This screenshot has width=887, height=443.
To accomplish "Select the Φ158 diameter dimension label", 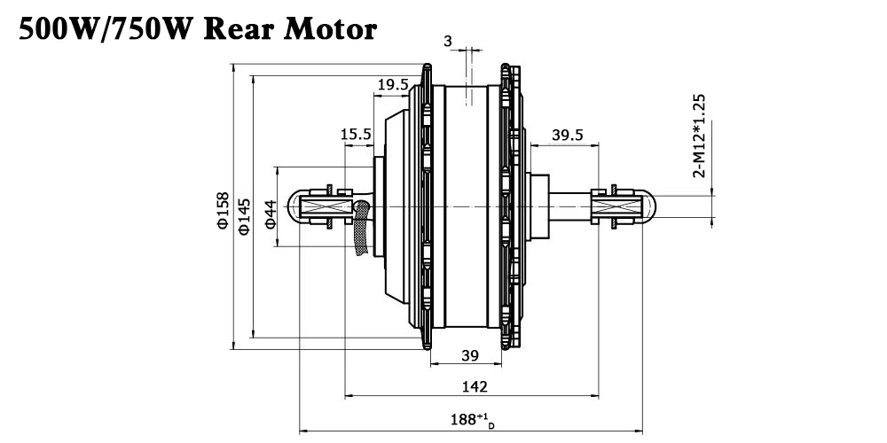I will point(223,210).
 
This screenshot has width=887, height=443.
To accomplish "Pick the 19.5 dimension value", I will point(393,85).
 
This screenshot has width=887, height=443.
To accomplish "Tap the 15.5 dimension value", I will point(355,134).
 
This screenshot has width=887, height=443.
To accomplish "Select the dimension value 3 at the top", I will point(448,42).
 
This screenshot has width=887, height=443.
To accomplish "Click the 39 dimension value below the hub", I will point(470,356).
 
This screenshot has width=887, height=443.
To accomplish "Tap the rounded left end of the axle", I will point(295,208).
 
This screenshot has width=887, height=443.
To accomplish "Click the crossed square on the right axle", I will point(616,209).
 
